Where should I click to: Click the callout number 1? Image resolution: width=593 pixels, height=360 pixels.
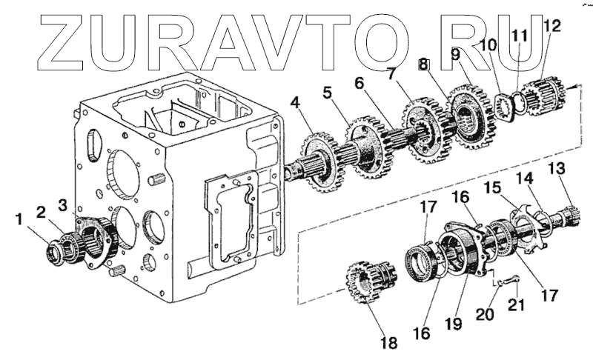(x=17, y=219)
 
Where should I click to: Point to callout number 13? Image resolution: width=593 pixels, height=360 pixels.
(x=555, y=170)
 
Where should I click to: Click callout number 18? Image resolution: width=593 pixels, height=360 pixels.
(x=388, y=342)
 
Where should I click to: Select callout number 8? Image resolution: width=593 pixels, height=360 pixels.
(x=423, y=65)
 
